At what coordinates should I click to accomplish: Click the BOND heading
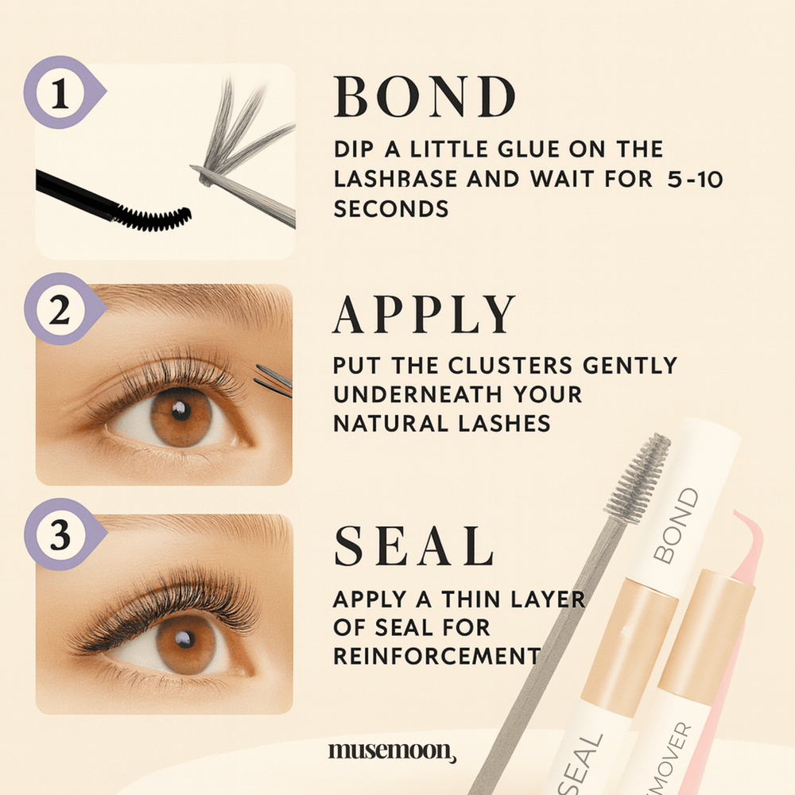[425, 99]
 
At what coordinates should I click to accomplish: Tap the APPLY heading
[425, 316]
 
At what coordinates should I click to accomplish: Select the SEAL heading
[413, 547]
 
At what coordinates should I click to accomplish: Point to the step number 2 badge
[62, 311]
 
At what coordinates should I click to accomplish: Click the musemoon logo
[392, 750]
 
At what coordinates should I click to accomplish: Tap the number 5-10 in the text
[695, 179]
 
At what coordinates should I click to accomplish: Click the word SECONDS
[391, 209]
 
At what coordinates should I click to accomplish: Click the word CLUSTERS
[498, 365]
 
